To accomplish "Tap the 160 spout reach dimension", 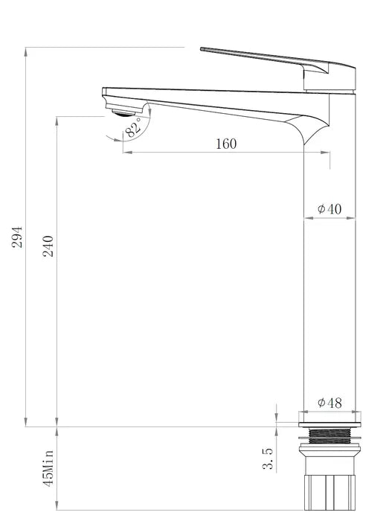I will coord(226,144).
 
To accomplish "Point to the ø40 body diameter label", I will coord(329,209).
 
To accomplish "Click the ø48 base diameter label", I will coord(329,403).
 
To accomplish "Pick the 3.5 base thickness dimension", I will coord(268,459).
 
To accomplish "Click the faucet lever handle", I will coord(260,59).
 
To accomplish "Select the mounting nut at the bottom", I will coord(328,492).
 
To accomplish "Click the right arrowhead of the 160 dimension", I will coord(327,153).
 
